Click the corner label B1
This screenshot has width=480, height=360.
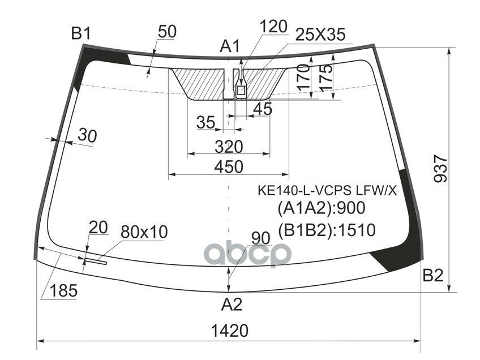pyautogui.click(x=80, y=34)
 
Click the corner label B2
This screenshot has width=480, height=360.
pyautogui.click(x=432, y=276)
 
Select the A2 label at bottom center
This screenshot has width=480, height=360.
pyautogui.click(x=231, y=305)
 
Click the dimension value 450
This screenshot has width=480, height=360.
pyautogui.click(x=229, y=167)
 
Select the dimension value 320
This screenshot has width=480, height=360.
pyautogui.click(x=229, y=147)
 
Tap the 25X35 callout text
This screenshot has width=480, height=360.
pyautogui.click(x=320, y=35)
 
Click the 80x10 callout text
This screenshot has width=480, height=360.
pyautogui.click(x=144, y=232)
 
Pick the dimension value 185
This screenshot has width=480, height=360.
pyautogui.click(x=63, y=292)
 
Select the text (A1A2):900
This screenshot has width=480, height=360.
pyautogui.click(x=321, y=208)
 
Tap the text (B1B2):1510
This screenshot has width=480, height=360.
pyautogui.click(x=327, y=229)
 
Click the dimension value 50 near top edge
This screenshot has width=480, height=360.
pyautogui.click(x=166, y=32)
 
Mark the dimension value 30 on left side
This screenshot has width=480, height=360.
pyautogui.click(x=87, y=135)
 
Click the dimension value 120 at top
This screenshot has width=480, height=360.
pyautogui.click(x=274, y=25)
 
